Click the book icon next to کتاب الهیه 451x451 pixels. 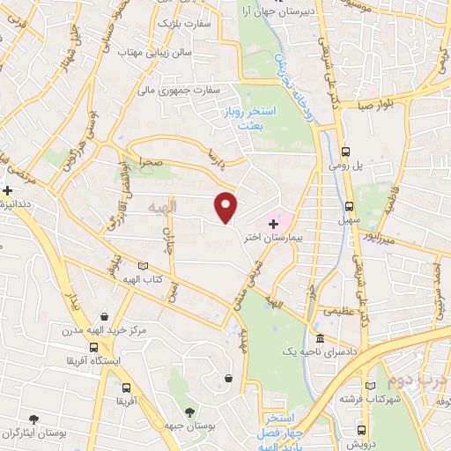[x=144, y=266]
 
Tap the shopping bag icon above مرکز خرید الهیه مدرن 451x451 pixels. [x=105, y=317]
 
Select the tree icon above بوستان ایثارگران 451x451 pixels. [x=33, y=419]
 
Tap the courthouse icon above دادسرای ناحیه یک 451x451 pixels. [x=319, y=339]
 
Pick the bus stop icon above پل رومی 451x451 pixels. [x=346, y=150]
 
